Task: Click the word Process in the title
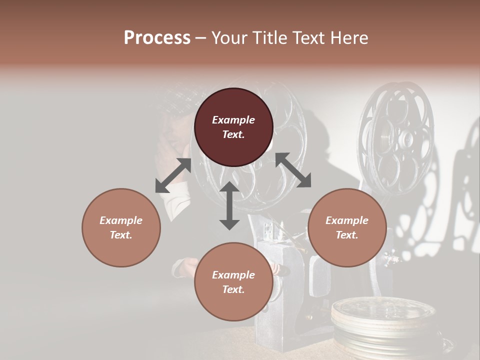[x=157, y=38]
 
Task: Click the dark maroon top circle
[x=233, y=127]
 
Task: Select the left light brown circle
[x=121, y=227]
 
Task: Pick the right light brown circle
[x=347, y=227]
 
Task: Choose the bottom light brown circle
[x=233, y=281]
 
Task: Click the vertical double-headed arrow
[x=229, y=205]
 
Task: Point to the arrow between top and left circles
[x=173, y=175]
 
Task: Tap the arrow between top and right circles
[x=293, y=170]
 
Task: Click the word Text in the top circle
[x=233, y=134]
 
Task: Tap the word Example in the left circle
[x=121, y=220]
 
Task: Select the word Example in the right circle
[x=347, y=220]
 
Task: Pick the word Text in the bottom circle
[x=233, y=289]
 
